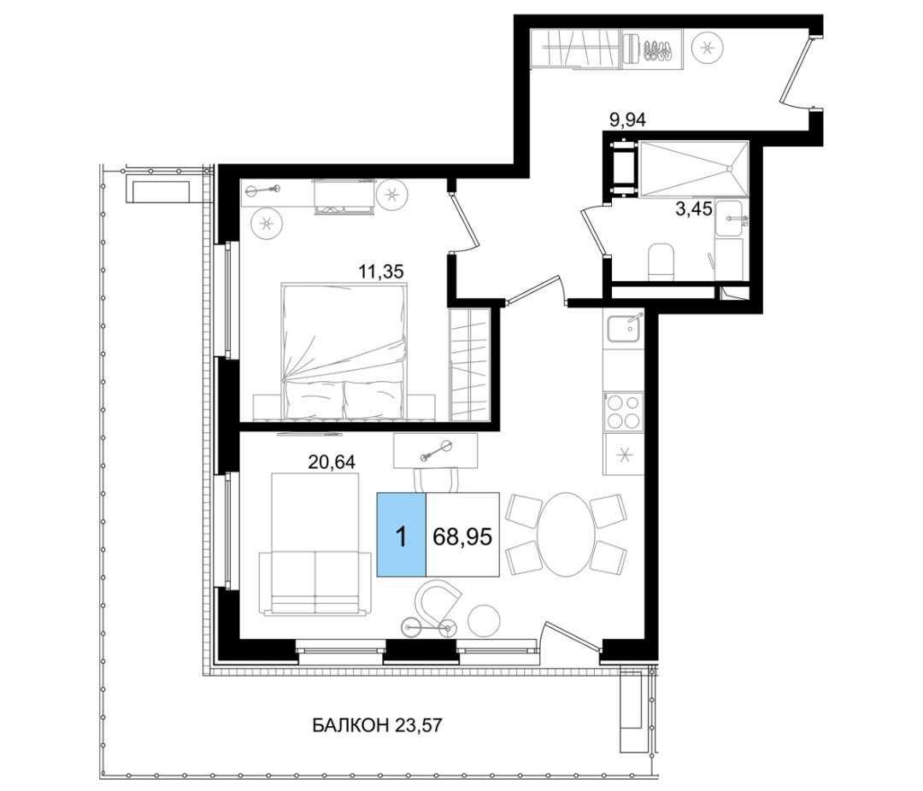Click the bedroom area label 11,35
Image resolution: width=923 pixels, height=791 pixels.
tap(381, 272)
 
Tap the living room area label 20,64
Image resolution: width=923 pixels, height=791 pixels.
tap(332, 462)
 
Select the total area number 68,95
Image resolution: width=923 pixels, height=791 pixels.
tap(462, 536)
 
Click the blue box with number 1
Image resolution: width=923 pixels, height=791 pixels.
tap(402, 535)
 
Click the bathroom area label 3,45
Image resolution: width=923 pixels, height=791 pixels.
tap(694, 208)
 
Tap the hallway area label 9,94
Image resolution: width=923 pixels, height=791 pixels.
tap(628, 120)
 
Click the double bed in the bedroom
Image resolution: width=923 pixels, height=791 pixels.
tap(345, 351)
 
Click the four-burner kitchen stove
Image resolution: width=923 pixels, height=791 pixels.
tap(624, 413)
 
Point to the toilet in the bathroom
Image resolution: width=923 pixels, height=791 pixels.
tap(661, 261)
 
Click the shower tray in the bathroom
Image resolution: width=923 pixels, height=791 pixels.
tap(693, 168)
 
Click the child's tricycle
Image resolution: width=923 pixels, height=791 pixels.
tap(427, 625)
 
